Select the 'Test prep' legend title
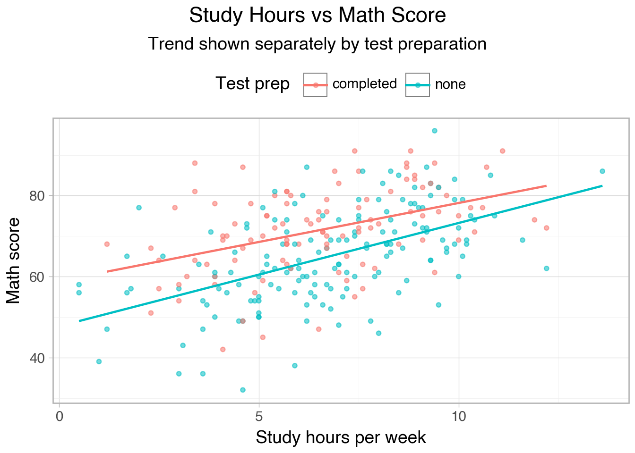(252, 84)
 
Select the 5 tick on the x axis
(259, 417)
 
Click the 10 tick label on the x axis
(458, 417)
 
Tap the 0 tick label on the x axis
(60, 417)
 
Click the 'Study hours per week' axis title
(341, 438)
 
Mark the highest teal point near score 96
(434, 131)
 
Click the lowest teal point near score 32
(243, 390)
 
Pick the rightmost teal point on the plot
(602, 171)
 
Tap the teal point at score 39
(99, 361)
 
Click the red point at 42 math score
(223, 349)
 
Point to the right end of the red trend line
(546, 186)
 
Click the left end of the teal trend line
(79, 321)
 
